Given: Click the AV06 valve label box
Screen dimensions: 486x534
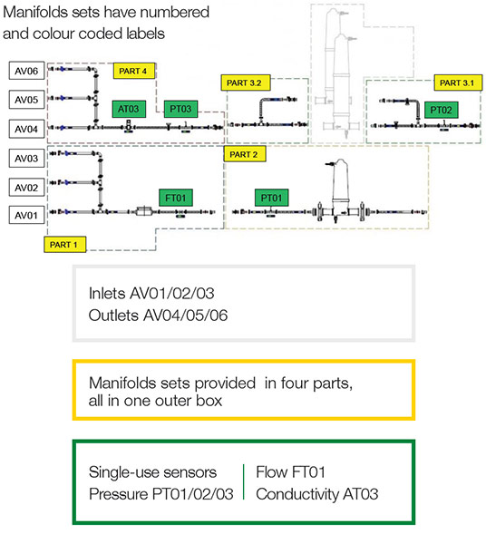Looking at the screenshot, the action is tap(26, 71).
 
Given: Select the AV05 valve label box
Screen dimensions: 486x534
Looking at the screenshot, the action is tap(26, 100).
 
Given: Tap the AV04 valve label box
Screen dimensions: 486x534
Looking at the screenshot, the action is tap(26, 129).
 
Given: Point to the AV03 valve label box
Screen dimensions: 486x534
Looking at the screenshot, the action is tap(26, 158).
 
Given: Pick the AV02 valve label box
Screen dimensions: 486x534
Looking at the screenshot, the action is tap(26, 188).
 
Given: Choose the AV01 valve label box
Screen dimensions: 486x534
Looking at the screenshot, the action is tap(26, 215).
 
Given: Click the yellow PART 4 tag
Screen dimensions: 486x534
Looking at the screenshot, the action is tap(134, 71).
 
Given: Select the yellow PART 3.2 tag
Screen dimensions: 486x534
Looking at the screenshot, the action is tap(246, 83).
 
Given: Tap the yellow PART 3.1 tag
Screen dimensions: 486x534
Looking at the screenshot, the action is tap(458, 83).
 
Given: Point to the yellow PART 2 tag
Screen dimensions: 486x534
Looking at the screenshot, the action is tap(245, 154).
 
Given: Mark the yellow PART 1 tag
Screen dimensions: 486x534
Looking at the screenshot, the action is tap(64, 245).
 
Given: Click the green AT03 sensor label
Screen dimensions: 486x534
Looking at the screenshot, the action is tap(129, 109).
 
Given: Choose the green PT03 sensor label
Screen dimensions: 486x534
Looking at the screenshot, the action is tap(180, 109).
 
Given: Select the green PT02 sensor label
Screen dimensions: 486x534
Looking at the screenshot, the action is tap(441, 110).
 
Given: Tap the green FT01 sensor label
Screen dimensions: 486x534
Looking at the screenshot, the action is tap(176, 198).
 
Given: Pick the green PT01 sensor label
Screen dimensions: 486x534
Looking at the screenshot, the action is tap(271, 198).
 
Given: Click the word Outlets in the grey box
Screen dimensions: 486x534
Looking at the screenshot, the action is tap(113, 316).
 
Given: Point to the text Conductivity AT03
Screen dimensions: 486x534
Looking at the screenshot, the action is tap(317, 494).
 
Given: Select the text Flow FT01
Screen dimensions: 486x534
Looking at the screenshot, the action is tap(290, 472).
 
